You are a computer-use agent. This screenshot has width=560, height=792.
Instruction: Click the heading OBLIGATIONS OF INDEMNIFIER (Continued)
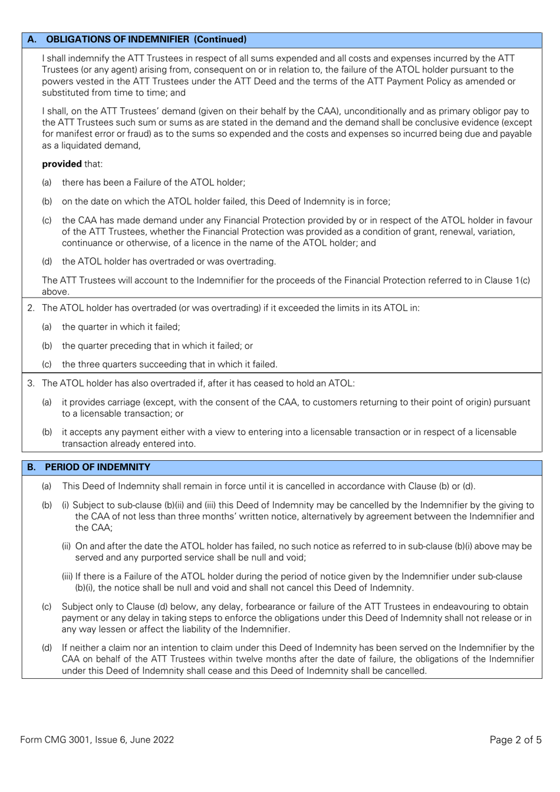tap(146, 39)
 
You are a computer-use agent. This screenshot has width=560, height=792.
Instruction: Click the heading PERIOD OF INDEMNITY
tap(98, 467)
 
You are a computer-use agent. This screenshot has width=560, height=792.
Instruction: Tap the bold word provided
tap(61, 164)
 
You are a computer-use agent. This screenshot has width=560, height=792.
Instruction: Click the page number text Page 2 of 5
tap(515, 740)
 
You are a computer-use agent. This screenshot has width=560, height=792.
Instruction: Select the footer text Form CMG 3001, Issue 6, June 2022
tap(97, 740)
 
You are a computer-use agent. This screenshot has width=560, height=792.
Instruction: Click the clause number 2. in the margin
tap(31, 308)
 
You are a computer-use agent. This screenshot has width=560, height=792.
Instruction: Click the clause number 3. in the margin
tap(31, 383)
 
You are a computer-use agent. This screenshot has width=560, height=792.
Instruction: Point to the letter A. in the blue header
tap(32, 39)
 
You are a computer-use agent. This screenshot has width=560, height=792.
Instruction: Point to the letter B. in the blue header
tap(32, 467)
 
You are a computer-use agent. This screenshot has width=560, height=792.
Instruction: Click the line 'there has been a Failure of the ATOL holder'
tap(153, 183)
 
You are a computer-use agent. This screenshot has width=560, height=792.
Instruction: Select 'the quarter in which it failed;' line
tap(121, 326)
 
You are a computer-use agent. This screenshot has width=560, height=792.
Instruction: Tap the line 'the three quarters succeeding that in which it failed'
tap(169, 364)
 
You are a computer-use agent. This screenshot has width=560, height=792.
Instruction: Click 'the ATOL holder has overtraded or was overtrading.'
tap(169, 261)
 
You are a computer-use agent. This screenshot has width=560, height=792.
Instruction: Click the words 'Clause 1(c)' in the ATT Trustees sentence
tap(506, 280)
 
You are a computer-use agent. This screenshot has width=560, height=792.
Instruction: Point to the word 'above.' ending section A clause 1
tap(55, 292)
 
